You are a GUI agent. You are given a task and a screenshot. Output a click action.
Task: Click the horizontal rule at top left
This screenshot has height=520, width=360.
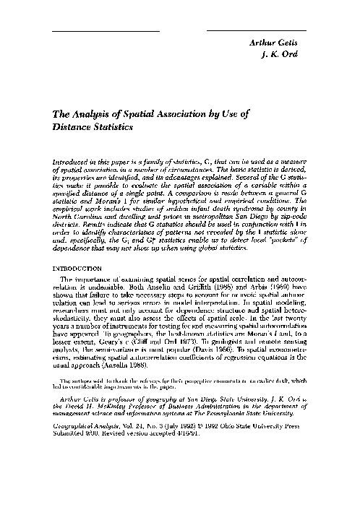click(x=106, y=31)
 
